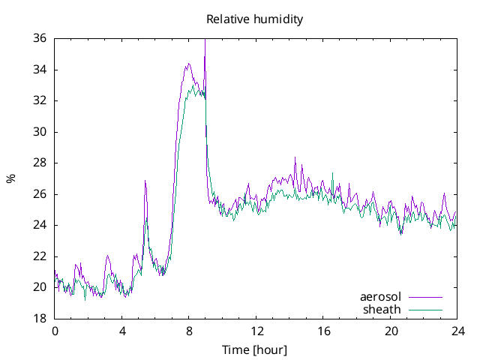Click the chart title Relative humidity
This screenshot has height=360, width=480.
coord(255,19)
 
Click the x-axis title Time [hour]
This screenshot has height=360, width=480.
coord(255,350)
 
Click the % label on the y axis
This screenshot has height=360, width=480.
coord(11,178)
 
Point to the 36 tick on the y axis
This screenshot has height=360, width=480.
coord(40,38)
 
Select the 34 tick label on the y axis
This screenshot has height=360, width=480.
coord(40,70)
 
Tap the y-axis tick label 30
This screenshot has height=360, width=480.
coord(40,132)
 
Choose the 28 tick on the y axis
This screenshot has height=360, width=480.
coord(40,163)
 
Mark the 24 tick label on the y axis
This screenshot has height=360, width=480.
coord(40,225)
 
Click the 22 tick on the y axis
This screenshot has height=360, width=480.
coord(40,256)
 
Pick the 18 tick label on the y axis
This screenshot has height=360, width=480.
coord(40,319)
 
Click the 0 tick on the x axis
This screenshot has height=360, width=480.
coord(55,331)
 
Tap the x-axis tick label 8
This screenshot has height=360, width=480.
coord(189,331)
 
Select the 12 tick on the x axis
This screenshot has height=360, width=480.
coord(256,331)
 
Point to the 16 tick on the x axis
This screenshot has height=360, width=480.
coord(323,331)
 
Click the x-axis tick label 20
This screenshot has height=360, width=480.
coord(391,331)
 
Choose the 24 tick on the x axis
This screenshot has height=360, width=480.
coord(457,331)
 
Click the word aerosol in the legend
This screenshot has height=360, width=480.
coord(380,297)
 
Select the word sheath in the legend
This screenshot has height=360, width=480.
coord(382,309)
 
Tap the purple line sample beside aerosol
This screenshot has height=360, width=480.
coord(425,298)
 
